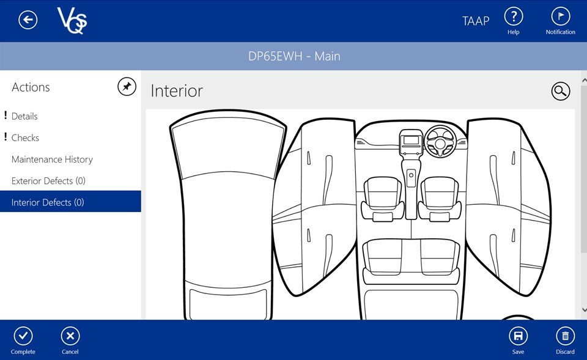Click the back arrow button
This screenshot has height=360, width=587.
28,20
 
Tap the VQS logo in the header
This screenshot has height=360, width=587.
72,21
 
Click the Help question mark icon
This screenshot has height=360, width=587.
514,17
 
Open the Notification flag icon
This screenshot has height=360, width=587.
561,17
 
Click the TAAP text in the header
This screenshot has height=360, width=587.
476,21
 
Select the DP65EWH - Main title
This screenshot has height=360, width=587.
294,56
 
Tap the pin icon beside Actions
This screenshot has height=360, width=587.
127,87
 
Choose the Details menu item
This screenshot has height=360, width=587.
24,116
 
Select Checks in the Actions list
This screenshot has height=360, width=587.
25,138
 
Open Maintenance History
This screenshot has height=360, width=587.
52,160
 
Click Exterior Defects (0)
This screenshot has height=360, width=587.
48,181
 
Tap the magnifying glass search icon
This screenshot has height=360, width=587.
561,91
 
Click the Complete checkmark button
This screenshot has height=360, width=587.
23,336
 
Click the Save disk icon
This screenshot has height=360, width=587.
518,336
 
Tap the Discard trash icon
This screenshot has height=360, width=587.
565,336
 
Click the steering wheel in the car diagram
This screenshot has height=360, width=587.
440,141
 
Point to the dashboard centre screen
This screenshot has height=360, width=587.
411,141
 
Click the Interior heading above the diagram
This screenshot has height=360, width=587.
177,91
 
